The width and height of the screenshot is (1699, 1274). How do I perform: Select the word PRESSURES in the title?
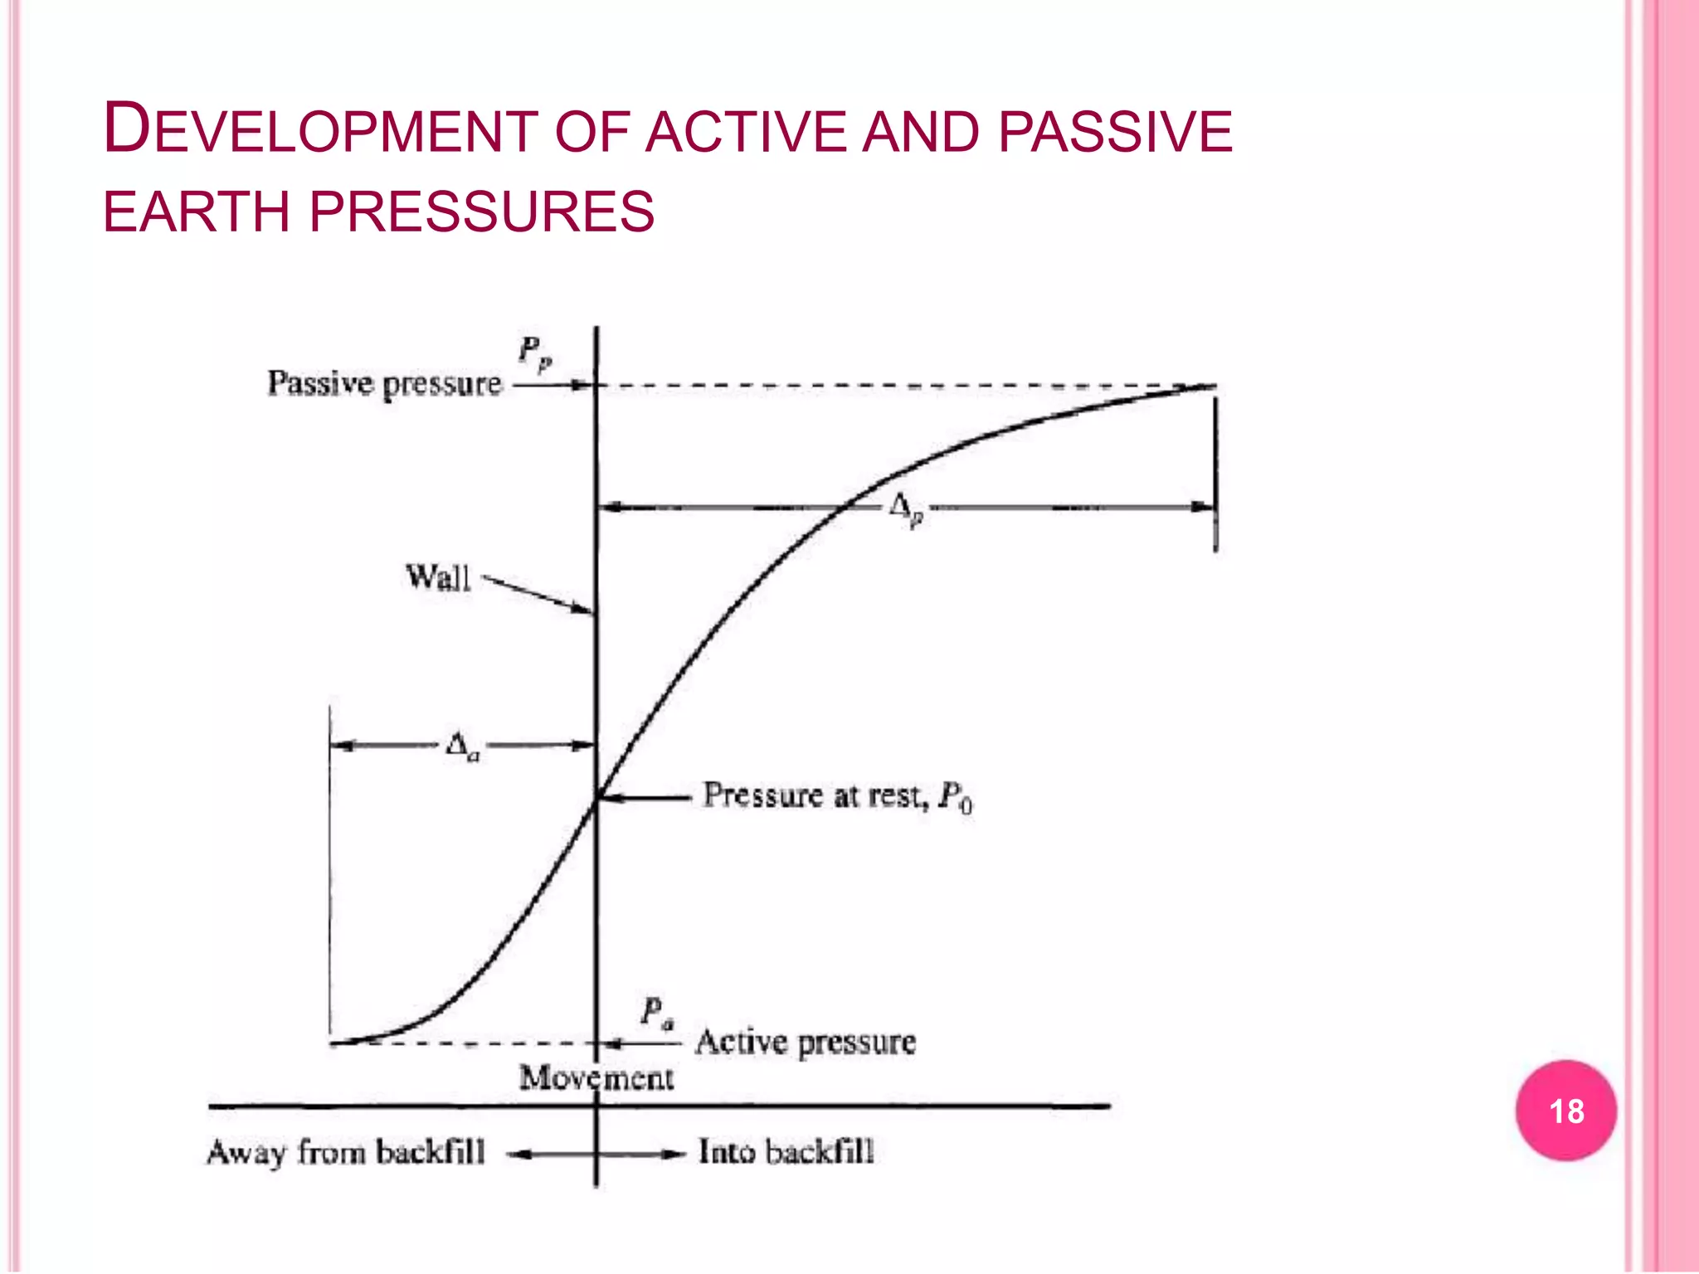tap(482, 212)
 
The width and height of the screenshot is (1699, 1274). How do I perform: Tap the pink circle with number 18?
tap(1565, 1110)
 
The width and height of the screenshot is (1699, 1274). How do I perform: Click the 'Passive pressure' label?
tap(384, 384)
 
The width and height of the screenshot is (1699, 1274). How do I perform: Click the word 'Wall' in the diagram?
tap(438, 577)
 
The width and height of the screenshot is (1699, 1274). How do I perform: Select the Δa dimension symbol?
tap(462, 746)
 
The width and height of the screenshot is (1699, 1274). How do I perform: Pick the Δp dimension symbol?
tap(905, 508)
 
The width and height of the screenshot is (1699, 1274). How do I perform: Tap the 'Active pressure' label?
tap(806, 1043)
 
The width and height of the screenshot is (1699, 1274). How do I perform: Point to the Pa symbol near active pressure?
tap(657, 1013)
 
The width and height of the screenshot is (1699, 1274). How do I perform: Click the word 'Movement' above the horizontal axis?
tap(596, 1078)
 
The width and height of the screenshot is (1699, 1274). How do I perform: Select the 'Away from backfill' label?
tap(345, 1153)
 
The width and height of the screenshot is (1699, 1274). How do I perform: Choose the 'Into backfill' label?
tap(786, 1152)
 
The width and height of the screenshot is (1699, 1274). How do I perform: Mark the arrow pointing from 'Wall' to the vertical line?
tap(539, 594)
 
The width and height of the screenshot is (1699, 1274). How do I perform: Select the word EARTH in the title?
tap(196, 212)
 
